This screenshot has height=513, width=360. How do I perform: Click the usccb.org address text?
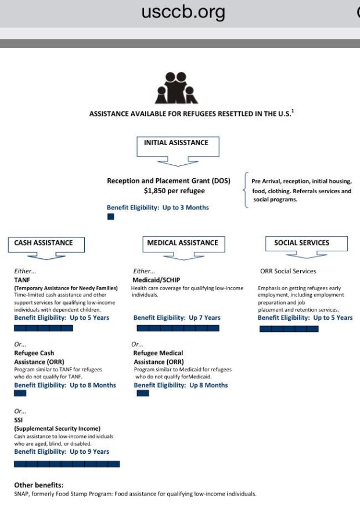click(183, 12)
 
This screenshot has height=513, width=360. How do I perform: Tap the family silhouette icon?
click(176, 88)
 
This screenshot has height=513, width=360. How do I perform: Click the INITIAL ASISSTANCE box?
click(176, 143)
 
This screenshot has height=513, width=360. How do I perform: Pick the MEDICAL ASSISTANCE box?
click(182, 243)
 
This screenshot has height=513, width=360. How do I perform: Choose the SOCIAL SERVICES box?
click(301, 243)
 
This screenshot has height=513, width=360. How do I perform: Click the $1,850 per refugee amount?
click(174, 191)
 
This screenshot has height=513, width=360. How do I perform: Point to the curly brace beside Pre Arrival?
click(246, 190)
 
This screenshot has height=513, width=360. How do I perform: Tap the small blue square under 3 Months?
click(110, 216)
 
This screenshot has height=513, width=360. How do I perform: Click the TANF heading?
click(22, 280)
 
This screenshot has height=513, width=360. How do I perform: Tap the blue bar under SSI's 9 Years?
click(67, 464)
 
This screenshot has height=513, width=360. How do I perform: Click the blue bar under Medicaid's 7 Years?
click(178, 328)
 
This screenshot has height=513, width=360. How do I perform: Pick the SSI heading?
click(19, 420)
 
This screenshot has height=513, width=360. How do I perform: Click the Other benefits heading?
click(39, 485)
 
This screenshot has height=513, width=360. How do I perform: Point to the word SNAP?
click(21, 494)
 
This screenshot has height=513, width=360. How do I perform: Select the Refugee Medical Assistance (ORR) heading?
click(158, 357)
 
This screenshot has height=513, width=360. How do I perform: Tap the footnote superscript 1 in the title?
click(293, 111)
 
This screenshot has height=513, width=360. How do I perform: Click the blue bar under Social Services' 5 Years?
click(289, 328)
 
